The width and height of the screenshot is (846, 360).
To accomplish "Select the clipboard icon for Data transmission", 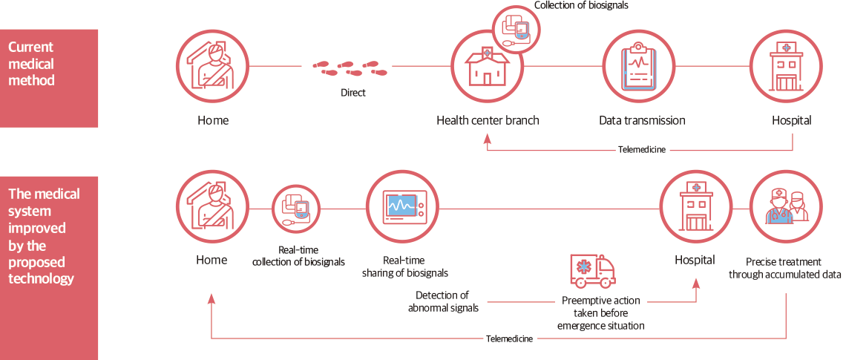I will [x=637, y=67].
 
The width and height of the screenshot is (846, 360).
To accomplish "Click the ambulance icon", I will [x=592, y=272].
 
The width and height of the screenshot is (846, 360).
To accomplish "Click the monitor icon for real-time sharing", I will [x=403, y=207].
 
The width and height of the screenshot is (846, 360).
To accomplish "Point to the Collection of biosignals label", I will [x=582, y=6].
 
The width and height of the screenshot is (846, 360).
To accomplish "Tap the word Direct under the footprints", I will [x=353, y=94].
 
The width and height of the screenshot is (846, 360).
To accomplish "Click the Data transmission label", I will [x=642, y=120].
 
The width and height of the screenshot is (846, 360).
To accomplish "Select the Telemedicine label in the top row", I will [x=642, y=149].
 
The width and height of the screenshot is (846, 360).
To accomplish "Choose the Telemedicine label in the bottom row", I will [x=509, y=338].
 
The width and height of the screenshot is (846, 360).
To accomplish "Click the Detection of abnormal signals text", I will [x=443, y=301].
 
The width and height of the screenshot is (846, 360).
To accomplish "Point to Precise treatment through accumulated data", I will [x=784, y=268].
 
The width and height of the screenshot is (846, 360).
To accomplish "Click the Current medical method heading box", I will [x=49, y=78].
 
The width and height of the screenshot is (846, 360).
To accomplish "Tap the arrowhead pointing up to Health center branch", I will [x=488, y=137].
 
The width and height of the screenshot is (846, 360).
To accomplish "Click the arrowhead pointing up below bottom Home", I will [x=211, y=298].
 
